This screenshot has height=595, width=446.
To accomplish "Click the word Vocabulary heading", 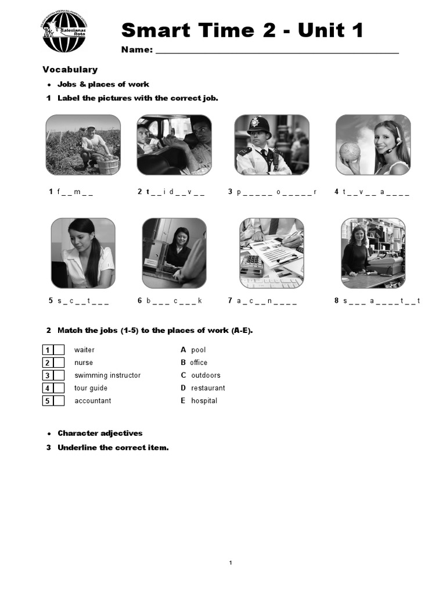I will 70,70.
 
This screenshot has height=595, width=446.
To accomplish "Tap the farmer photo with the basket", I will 84,144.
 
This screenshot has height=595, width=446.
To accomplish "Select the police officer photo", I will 272,144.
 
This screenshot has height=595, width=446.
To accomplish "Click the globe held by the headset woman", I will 350,151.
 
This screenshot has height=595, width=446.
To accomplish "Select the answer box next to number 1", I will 59,350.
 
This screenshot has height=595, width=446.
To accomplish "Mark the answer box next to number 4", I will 59,388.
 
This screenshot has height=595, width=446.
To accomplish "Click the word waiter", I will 84,350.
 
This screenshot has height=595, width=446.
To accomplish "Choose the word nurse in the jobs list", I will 84,363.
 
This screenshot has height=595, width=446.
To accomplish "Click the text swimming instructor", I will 107,375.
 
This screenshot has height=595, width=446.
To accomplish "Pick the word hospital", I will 204,401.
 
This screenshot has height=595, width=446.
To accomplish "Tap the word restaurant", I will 208,388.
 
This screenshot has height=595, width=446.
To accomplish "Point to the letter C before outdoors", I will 184,375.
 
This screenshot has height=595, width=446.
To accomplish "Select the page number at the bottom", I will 231,562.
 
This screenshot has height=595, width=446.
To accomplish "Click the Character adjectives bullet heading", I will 100,433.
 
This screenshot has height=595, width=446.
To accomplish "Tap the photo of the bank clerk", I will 174,253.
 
